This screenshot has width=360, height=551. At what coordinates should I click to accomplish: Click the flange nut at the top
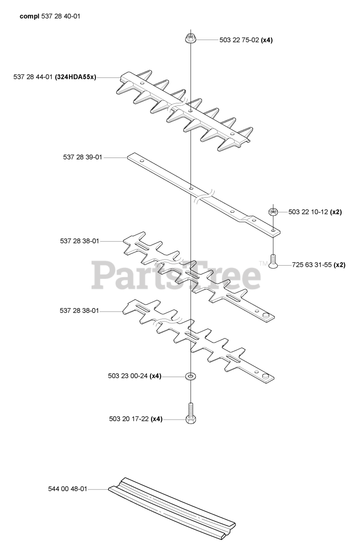[191, 39]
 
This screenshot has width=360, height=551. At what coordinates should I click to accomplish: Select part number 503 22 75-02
[239, 40]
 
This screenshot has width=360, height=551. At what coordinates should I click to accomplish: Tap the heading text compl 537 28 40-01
[50, 16]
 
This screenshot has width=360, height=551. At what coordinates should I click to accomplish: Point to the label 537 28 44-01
[33, 77]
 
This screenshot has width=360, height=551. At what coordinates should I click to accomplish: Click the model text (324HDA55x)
[75, 77]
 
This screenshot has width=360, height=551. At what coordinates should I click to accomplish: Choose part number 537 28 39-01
[83, 157]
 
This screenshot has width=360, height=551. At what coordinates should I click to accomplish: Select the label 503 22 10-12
[308, 212]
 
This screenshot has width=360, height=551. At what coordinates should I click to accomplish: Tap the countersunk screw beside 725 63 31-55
[273, 261]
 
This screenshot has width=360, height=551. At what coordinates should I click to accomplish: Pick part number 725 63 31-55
[312, 265]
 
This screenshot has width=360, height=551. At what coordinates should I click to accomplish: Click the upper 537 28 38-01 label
[80, 241]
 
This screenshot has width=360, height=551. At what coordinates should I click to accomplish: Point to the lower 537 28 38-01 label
[80, 311]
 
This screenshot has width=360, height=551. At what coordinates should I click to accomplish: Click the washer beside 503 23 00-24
[191, 376]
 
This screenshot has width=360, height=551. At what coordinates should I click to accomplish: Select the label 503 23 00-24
[128, 376]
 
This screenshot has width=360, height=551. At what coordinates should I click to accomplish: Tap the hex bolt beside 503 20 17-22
[191, 413]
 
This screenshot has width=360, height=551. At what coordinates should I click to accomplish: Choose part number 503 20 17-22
[129, 419]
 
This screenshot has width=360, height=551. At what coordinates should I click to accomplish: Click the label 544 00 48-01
[68, 489]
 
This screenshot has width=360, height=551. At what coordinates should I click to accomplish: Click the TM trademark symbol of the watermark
[263, 264]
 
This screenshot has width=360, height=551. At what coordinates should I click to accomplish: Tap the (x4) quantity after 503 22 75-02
[267, 40]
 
